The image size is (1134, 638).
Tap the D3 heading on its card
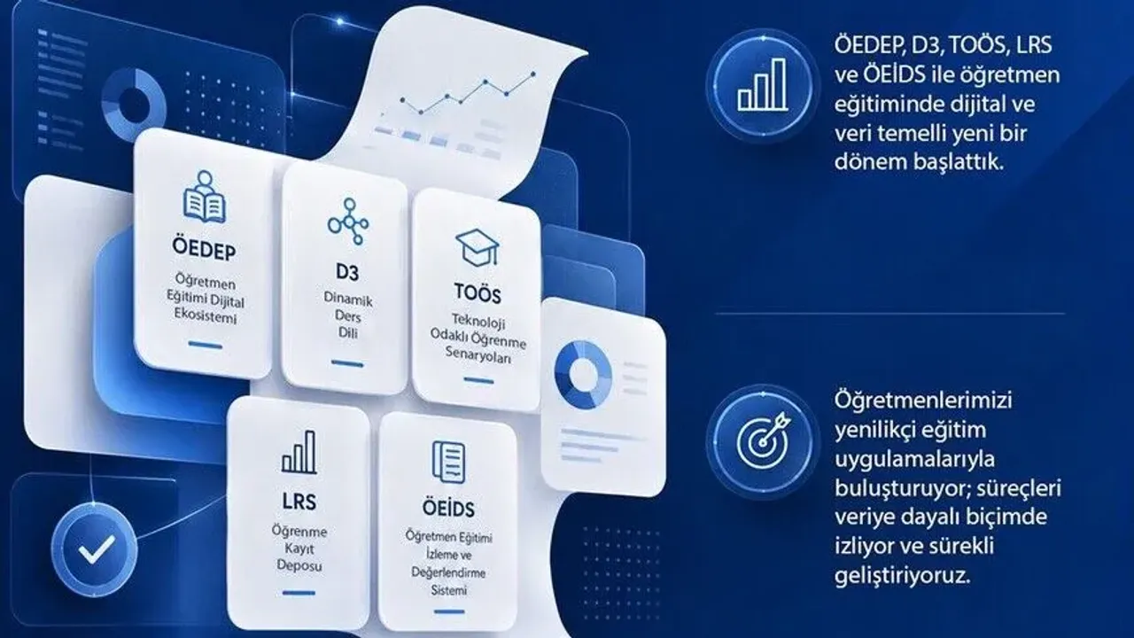(x=347, y=272)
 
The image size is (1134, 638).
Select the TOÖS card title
(x=478, y=293)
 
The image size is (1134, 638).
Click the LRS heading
(x=299, y=502)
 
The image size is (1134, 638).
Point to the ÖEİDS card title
(x=448, y=508)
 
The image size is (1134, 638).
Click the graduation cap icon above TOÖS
(x=477, y=247)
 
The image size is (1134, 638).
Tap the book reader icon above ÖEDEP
(x=204, y=197)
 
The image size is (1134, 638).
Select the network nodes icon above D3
(x=348, y=222)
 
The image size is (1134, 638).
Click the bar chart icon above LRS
(x=299, y=452)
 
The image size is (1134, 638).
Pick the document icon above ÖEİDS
(x=448, y=462)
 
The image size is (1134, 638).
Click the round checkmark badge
(x=94, y=549)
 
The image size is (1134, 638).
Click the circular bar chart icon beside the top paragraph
(x=763, y=85)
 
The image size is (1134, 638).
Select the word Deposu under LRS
(x=299, y=565)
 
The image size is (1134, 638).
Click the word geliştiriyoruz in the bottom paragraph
(x=903, y=576)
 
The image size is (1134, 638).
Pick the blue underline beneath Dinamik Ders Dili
(x=347, y=363)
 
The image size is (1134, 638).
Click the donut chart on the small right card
(x=583, y=375)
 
